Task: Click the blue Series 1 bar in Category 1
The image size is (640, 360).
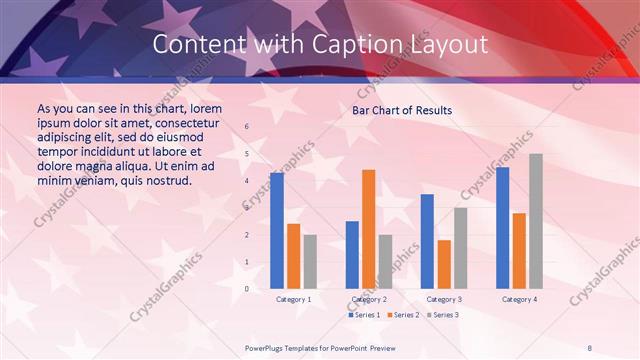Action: (x=277, y=231)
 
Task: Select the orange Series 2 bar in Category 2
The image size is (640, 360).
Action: (x=369, y=229)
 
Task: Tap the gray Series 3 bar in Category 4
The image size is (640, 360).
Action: (x=536, y=221)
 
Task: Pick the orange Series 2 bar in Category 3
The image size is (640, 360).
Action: (x=444, y=264)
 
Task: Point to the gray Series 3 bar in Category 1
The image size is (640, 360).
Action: (x=310, y=261)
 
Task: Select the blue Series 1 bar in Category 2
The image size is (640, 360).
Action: (x=352, y=255)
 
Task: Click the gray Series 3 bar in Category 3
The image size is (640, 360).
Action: (x=461, y=248)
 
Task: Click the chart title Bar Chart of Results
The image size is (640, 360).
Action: (x=402, y=110)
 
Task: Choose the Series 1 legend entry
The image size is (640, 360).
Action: (x=364, y=315)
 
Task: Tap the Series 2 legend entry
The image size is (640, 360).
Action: (x=402, y=315)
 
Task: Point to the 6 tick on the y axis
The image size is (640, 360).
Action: (x=248, y=127)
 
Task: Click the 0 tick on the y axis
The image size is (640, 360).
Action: (x=248, y=289)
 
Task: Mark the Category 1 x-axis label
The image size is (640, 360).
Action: (x=293, y=299)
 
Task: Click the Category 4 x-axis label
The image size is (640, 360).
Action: (x=519, y=299)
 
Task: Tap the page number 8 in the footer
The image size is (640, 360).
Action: (x=590, y=347)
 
